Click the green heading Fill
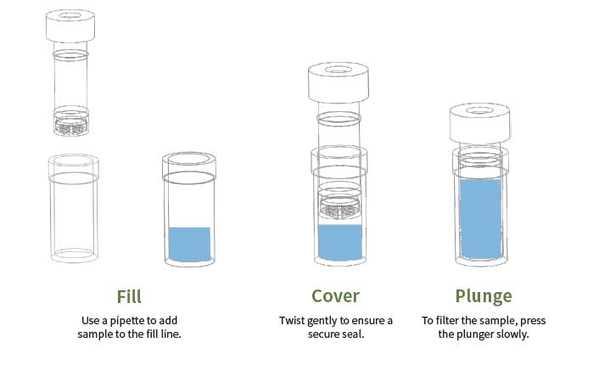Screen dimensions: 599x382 (x=129, y=297)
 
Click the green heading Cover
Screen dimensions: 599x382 (x=335, y=296)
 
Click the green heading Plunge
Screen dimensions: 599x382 (x=484, y=297)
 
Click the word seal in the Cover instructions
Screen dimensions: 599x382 (x=354, y=334)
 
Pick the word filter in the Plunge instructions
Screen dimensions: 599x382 (x=448, y=320)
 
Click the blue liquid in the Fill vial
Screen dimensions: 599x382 (x=189, y=244)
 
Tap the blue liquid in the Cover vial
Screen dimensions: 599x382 (x=340, y=243)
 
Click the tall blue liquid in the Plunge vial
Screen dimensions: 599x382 (x=481, y=219)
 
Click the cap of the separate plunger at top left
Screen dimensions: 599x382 (x=70, y=26)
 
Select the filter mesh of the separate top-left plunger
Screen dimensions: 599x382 (x=71, y=126)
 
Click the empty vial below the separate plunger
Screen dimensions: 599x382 (x=74, y=208)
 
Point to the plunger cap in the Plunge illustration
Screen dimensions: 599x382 (x=480, y=124)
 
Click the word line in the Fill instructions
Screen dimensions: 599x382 (x=170, y=334)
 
